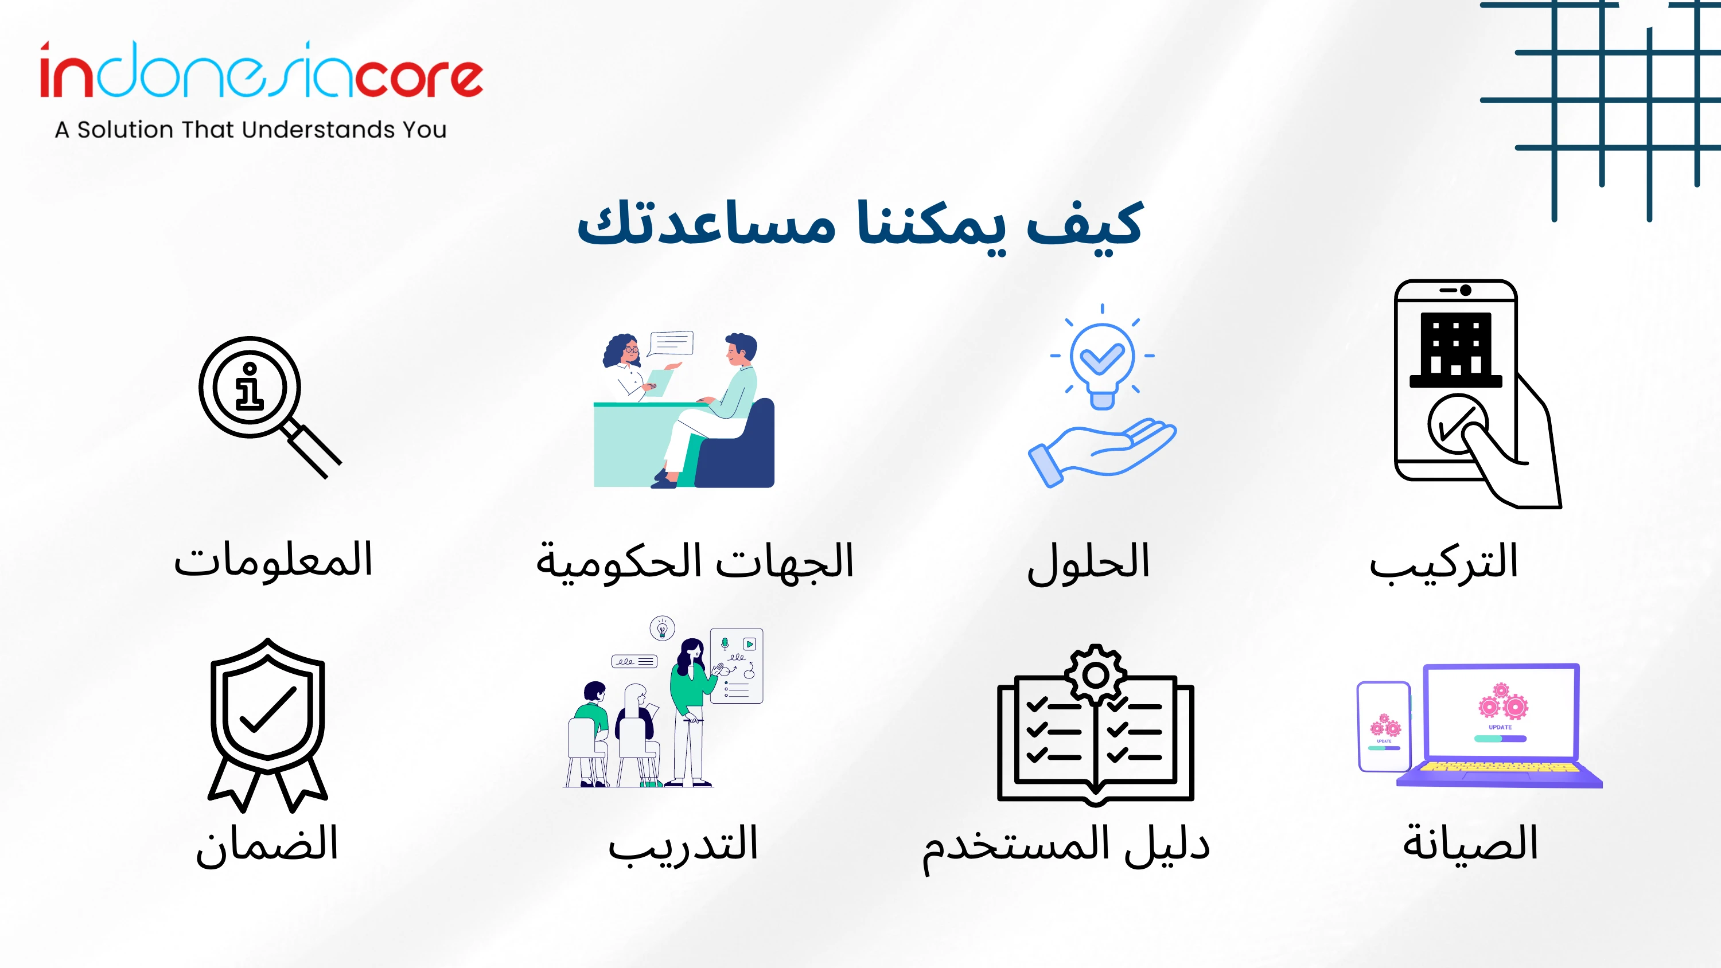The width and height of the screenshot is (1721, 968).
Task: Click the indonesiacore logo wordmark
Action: pyautogui.click(x=260, y=69)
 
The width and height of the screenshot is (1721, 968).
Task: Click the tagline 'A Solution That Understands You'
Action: pyautogui.click(x=251, y=130)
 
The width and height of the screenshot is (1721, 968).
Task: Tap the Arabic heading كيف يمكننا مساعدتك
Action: pyautogui.click(x=860, y=224)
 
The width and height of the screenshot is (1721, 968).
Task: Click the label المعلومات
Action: pyautogui.click(x=272, y=560)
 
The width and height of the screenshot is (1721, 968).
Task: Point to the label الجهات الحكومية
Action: pyautogui.click(x=695, y=561)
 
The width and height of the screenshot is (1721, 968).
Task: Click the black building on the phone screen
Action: pyautogui.click(x=1456, y=349)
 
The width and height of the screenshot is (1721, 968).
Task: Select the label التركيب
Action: pyautogui.click(x=1444, y=563)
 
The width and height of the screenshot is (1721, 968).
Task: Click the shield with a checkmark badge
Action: pyautogui.click(x=268, y=725)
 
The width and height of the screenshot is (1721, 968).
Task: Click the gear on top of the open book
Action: pyautogui.click(x=1096, y=675)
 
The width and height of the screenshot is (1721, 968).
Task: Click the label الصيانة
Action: pyautogui.click(x=1470, y=843)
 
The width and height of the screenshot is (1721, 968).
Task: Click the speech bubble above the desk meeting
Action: pyautogui.click(x=671, y=344)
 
